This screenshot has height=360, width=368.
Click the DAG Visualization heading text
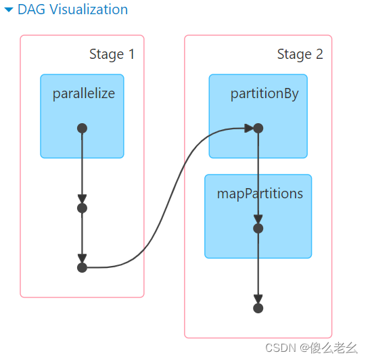73,9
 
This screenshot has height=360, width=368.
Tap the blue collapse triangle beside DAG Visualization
9,10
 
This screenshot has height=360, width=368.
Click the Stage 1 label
112,54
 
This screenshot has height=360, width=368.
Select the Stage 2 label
300,54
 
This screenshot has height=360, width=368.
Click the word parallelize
84,93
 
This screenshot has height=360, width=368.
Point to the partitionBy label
264,93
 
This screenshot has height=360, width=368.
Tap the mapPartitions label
260,194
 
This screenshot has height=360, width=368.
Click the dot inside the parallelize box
82,128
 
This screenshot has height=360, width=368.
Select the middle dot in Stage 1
82,208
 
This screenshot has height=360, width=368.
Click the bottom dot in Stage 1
82,267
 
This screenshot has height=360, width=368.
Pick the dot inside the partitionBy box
258,128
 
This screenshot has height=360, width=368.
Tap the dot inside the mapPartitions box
258,228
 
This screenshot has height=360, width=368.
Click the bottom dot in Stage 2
258,308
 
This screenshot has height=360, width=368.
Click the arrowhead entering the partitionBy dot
248,128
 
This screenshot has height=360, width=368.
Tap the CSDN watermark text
310,348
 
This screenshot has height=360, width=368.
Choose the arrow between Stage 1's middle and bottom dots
82,237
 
